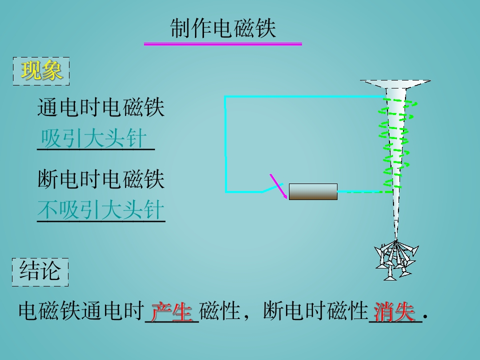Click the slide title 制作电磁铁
point(223,28)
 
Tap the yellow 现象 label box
point(41,71)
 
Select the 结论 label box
point(40,272)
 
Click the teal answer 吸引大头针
point(93,138)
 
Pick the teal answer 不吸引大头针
point(100,210)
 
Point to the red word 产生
point(171,311)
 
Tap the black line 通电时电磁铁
point(100,107)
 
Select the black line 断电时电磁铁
point(100,179)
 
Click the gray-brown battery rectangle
point(313,192)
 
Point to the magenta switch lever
point(278,186)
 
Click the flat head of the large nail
point(395,84)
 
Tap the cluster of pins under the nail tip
point(396,260)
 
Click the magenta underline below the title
point(223,44)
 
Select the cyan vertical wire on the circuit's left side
point(225,144)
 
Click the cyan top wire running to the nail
point(304,97)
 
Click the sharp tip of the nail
point(396,239)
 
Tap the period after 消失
point(425,318)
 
